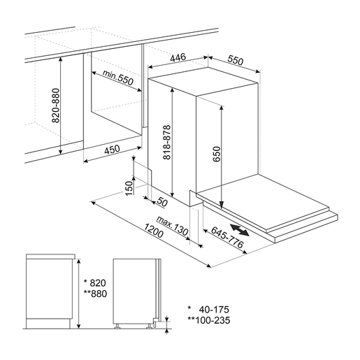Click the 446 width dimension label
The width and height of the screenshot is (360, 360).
pos(178,57)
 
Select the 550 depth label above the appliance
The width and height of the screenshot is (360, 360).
pos(236,61)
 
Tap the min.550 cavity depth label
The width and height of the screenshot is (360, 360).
pos(118,78)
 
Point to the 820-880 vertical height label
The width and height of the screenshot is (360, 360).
pos(56,106)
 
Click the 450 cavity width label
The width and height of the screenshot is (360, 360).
pos(112,150)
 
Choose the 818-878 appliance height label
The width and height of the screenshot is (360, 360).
pos(167,143)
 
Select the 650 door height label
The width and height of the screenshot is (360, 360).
pos(217,154)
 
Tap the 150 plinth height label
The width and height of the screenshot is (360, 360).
pos(129,188)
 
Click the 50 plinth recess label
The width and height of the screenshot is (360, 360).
pos(162,202)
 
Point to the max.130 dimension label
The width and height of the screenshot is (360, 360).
pos(172,226)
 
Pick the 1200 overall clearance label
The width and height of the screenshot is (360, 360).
pos(153,231)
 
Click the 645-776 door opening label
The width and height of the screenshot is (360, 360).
pos(227,237)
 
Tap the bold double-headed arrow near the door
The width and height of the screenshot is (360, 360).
pos(239,230)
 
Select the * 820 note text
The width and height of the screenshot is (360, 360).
pos(95,283)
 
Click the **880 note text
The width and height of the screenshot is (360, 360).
pos(95,294)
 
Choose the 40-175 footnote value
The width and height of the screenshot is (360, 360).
pos(214,310)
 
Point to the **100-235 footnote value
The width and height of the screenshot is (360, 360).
pos(209,320)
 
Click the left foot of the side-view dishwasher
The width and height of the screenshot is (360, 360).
pos(117,326)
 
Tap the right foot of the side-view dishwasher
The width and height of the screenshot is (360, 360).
pos(149,326)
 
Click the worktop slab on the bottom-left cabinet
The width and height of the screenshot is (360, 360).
pos(50,257)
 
